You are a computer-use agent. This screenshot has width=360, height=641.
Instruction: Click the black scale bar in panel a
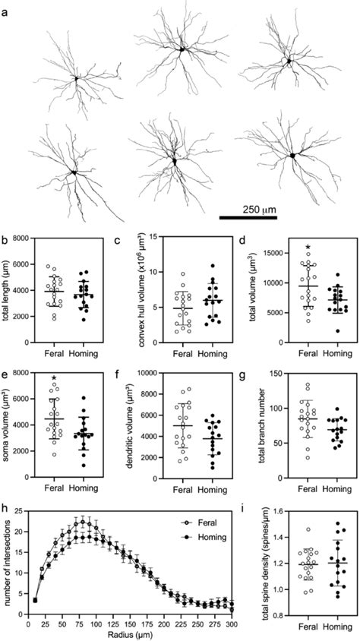[248, 217]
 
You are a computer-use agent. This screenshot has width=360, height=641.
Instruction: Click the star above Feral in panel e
[54, 378]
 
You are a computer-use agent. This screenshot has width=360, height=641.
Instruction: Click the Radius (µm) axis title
[129, 634]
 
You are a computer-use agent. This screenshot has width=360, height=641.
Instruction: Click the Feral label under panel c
[172, 353]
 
